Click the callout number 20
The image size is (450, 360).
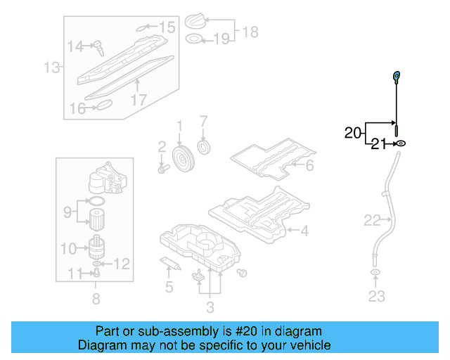[353, 131]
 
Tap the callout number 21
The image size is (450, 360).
[378, 144]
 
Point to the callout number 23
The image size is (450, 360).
[377, 296]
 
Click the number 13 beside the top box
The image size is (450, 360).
[52, 67]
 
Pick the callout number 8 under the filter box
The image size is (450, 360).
[96, 299]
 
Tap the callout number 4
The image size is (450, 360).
[304, 230]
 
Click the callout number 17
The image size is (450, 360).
[139, 100]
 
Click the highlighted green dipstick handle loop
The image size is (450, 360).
[396, 76]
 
